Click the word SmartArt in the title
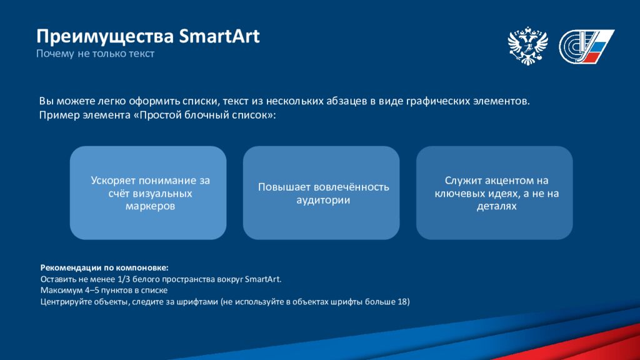click(219, 36)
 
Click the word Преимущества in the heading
click(105, 37)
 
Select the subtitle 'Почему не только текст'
click(95, 54)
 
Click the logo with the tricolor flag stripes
click(586, 46)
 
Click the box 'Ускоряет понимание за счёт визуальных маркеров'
click(148, 192)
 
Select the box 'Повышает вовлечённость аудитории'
click(321, 192)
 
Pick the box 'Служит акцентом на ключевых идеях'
click(494, 192)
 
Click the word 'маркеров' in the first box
click(150, 206)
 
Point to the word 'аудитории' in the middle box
click(323, 200)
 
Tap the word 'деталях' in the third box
click(496, 206)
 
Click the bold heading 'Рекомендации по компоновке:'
click(104, 267)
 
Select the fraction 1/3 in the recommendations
click(124, 279)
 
